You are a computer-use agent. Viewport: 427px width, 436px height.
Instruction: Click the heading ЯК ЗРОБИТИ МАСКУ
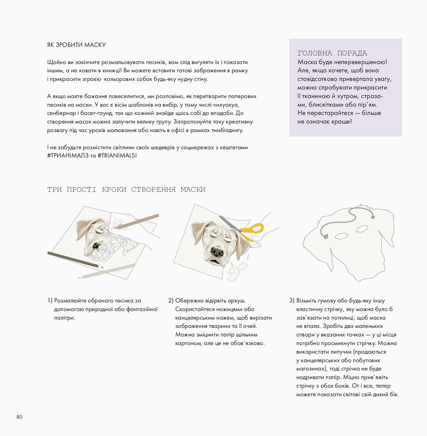point(76,45)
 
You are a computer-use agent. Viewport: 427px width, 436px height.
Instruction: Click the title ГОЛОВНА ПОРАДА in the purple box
point(332,53)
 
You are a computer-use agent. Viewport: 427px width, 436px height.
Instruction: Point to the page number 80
point(20,417)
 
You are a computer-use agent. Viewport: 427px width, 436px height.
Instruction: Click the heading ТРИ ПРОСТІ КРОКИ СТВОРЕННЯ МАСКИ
point(126,189)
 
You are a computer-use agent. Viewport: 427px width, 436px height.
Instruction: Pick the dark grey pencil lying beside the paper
point(74,259)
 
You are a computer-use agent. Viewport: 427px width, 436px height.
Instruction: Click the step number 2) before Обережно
point(171,300)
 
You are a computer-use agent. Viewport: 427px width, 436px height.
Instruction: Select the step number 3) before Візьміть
point(292,300)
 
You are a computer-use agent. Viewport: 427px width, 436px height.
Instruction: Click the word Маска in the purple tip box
point(307,62)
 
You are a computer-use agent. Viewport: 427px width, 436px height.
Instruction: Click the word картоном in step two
point(188,343)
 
